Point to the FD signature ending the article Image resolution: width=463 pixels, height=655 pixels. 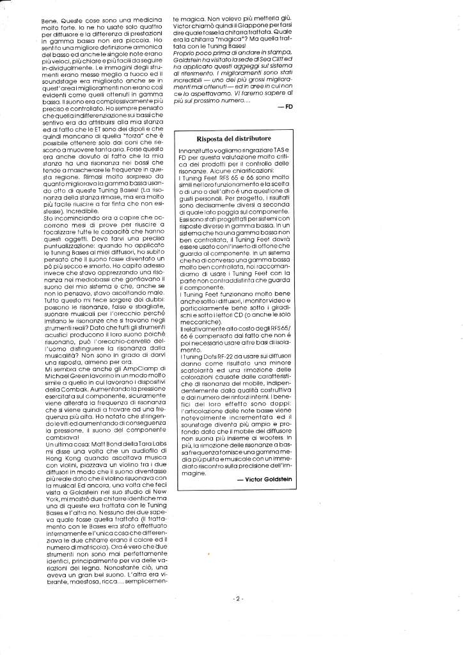pos(289,106)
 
